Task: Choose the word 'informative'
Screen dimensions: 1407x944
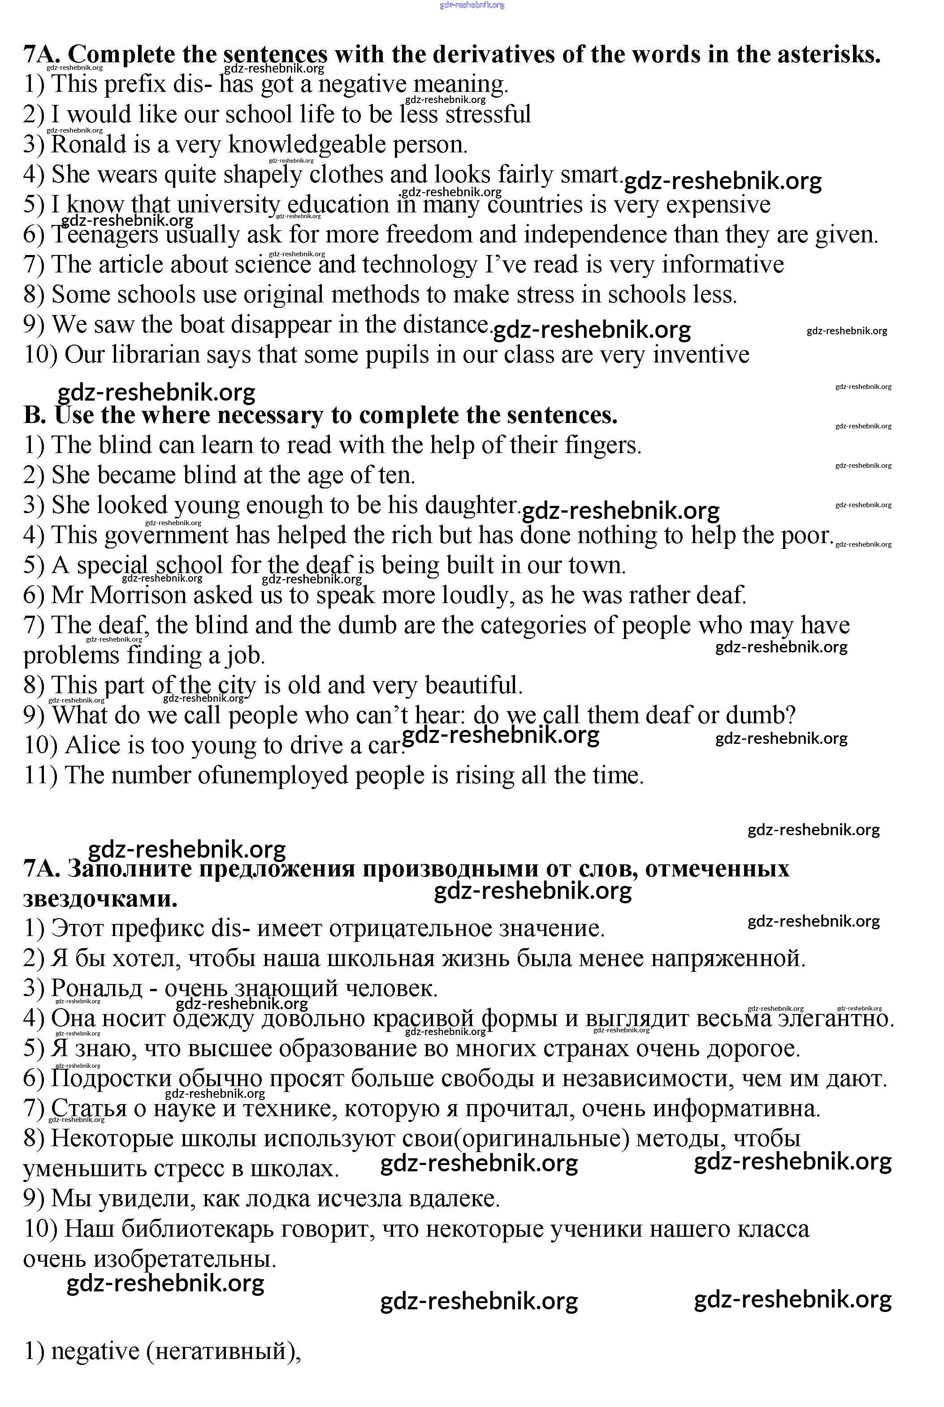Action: pos(723,265)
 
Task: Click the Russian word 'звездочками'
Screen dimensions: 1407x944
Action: pos(100,900)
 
